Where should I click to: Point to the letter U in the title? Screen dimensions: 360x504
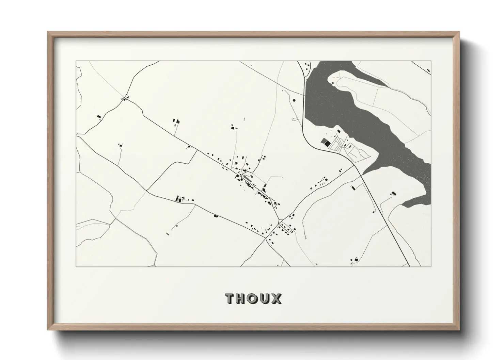click(265, 298)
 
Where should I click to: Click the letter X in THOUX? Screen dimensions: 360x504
click(276, 298)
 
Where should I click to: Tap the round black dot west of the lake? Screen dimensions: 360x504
click(294, 100)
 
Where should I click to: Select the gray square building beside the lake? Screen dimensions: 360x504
click(323, 141)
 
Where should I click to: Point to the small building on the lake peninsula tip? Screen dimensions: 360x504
click(339, 131)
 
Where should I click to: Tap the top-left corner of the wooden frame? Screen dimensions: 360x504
click(47, 32)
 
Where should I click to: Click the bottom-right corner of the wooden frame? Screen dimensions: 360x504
click(459, 330)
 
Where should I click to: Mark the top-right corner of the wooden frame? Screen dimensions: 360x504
click(459, 32)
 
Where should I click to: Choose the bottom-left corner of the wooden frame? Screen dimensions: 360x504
click(47, 330)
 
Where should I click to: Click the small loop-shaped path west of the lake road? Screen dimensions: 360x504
click(294, 119)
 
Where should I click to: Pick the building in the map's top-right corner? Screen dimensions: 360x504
click(428, 70)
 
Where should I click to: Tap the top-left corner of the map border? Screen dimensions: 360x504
click(76, 61)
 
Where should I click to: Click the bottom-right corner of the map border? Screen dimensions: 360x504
click(431, 266)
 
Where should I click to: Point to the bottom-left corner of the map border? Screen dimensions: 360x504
click(76, 266)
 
